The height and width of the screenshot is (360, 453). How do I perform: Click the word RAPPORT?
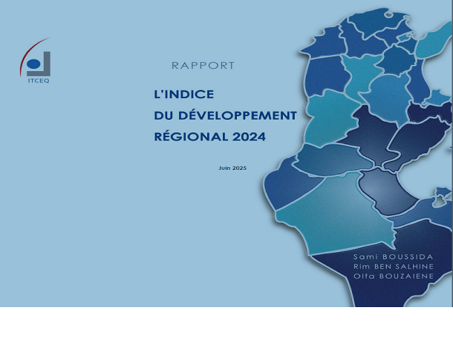(x=203, y=65)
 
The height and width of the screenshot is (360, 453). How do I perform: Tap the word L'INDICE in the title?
(x=184, y=94)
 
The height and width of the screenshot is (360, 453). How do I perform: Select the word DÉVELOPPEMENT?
(x=238, y=115)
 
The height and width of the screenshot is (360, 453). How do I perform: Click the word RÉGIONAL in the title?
(x=191, y=136)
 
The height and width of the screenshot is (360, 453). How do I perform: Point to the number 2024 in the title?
(x=249, y=136)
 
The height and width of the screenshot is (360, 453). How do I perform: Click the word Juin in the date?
(x=224, y=168)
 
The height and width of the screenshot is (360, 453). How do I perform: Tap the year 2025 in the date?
(x=239, y=168)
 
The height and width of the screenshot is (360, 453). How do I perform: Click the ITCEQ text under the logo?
(x=38, y=81)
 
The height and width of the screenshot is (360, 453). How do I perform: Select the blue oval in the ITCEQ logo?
(x=33, y=64)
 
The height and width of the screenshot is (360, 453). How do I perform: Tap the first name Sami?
(x=365, y=257)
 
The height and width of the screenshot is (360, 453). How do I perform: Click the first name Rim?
(x=361, y=266)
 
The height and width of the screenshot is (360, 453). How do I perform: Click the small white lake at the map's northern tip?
(x=389, y=14)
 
